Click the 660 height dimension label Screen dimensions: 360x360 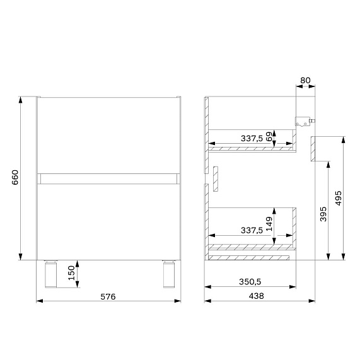(15, 177)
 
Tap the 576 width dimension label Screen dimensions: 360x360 (108, 296)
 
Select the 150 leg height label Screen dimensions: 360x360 (72, 273)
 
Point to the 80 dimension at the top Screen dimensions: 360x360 (305, 80)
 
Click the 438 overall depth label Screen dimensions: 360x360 (256, 296)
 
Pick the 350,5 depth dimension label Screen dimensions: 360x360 (250, 282)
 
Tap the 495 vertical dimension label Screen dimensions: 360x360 (339, 198)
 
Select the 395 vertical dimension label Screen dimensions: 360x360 (323, 214)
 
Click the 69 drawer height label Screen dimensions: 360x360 (269, 137)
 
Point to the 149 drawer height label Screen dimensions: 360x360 (269, 224)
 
